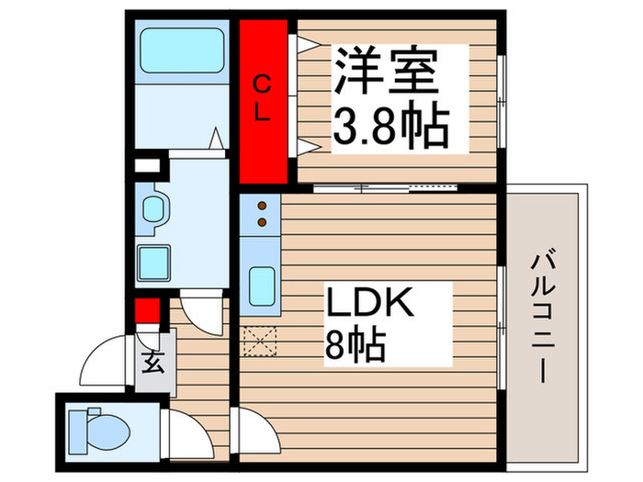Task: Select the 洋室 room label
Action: [x=383, y=71]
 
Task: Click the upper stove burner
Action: [x=261, y=206]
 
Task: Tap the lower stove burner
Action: [x=261, y=220]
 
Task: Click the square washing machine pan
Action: [x=152, y=262]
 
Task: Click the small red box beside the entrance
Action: [x=144, y=312]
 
